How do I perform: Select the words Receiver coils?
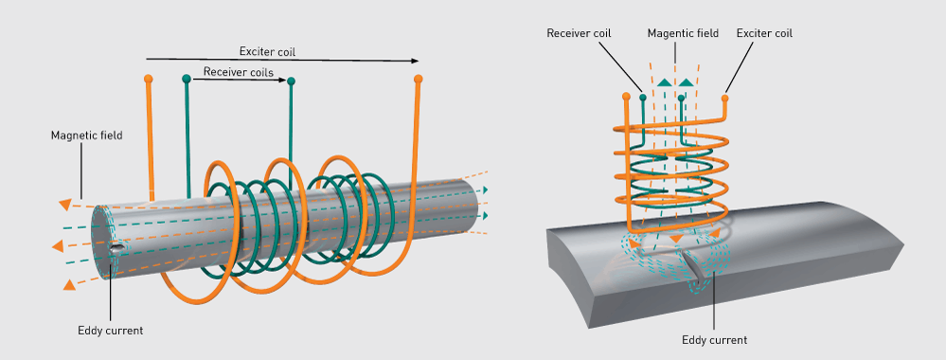tap(239, 72)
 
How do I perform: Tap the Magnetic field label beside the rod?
tap(87, 135)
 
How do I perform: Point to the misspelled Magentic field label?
tap(683, 33)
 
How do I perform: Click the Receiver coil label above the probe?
tap(579, 33)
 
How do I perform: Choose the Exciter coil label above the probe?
tap(764, 33)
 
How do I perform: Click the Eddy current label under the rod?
tap(111, 331)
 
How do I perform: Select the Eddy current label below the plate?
tap(714, 340)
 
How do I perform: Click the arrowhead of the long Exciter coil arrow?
tap(415, 61)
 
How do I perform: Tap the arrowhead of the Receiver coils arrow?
tap(283, 79)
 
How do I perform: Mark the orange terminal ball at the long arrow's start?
tap(148, 79)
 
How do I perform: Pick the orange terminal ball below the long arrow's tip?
tap(419, 79)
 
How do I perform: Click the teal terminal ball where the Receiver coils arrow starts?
tap(187, 79)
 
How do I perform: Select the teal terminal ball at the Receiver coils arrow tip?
tap(292, 81)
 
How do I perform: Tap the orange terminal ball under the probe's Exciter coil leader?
tap(724, 98)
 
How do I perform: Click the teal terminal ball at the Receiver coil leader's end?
tap(643, 97)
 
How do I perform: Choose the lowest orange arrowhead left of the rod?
tap(70, 284)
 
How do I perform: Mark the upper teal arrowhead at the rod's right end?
tap(485, 190)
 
